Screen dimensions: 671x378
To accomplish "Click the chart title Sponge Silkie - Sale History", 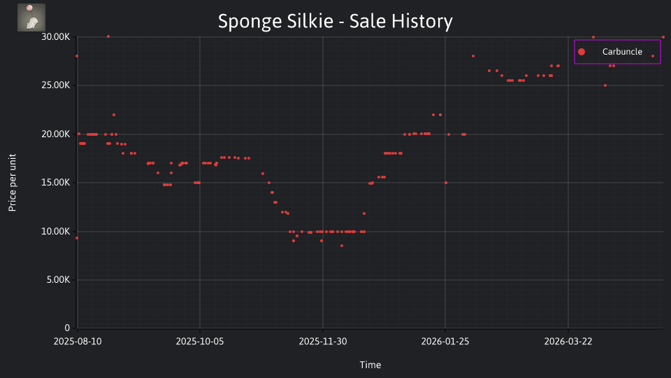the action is pyautogui.click(x=335, y=22).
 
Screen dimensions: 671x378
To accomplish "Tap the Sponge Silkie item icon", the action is pyautogui.click(x=31, y=17).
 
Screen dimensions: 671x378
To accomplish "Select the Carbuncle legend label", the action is pyautogui.click(x=622, y=52).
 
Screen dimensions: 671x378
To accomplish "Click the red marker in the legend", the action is pyautogui.click(x=581, y=52).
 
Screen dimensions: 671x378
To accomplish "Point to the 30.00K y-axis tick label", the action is pyautogui.click(x=56, y=37).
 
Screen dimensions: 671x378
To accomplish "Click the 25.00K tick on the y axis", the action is pyautogui.click(x=56, y=85).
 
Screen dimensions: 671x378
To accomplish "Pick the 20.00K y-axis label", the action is pyautogui.click(x=56, y=134).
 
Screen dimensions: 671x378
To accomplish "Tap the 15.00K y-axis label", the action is pyautogui.click(x=56, y=183).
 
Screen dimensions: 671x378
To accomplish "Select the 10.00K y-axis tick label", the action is pyautogui.click(x=56, y=232).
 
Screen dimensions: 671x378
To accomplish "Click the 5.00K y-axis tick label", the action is pyautogui.click(x=58, y=280).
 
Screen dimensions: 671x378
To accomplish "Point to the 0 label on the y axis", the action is pyautogui.click(x=67, y=328).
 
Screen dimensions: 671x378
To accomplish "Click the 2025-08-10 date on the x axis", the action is pyautogui.click(x=78, y=342).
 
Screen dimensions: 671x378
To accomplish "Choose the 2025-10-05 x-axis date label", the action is pyautogui.click(x=200, y=342).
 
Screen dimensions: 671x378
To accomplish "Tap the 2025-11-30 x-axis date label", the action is pyautogui.click(x=323, y=342).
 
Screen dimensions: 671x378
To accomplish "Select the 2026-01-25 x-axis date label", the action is pyautogui.click(x=445, y=342).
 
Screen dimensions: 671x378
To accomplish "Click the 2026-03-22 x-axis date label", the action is pyautogui.click(x=568, y=342).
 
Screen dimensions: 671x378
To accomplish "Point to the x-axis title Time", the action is pyautogui.click(x=370, y=365).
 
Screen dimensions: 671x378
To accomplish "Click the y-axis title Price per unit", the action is pyautogui.click(x=13, y=183).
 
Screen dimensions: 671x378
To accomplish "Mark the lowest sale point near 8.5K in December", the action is pyautogui.click(x=342, y=246).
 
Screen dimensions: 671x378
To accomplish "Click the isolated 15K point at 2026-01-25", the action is pyautogui.click(x=446, y=183).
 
